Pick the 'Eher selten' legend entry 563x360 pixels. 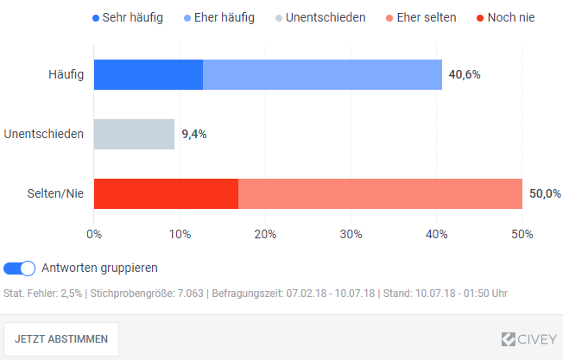coord(420,17)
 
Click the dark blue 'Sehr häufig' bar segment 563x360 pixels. coord(149,74)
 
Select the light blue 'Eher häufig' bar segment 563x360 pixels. coord(322,74)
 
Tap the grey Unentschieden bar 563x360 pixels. coord(134,134)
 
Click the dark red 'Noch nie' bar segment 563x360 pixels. coord(166,193)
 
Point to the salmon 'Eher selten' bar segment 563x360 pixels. coord(380,193)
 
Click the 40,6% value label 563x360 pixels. coord(465,74)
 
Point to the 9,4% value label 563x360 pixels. coord(193,134)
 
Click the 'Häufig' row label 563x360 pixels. coord(66,74)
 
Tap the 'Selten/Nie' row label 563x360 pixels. coord(56,193)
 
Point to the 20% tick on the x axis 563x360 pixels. coord(265,233)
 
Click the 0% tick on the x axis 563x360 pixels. coord(94,233)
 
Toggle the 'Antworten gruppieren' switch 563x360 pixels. coord(20,268)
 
